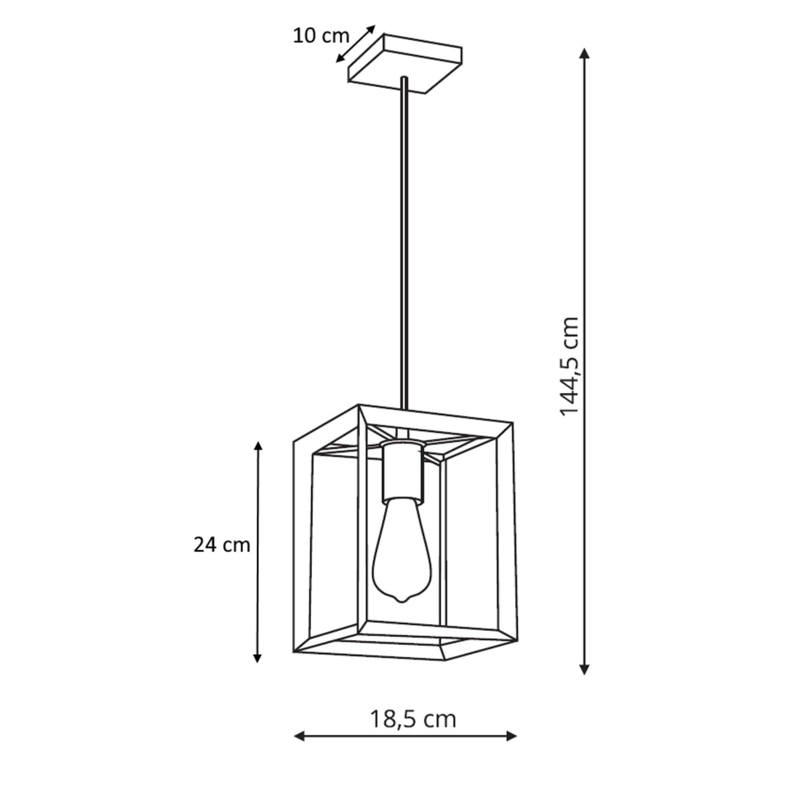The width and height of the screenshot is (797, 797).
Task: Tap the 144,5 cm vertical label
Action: pos(569,366)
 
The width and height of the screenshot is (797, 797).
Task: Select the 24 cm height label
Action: pos(222,545)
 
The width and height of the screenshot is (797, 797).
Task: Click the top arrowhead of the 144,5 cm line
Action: pos(584,54)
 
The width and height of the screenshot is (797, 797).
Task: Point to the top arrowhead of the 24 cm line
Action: pos(258,445)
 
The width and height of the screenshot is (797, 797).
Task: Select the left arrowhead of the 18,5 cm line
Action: pos(300,735)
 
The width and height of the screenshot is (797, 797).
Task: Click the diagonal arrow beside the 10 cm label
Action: pos(355,44)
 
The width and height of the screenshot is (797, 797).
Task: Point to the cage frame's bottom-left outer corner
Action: pos(294,652)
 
